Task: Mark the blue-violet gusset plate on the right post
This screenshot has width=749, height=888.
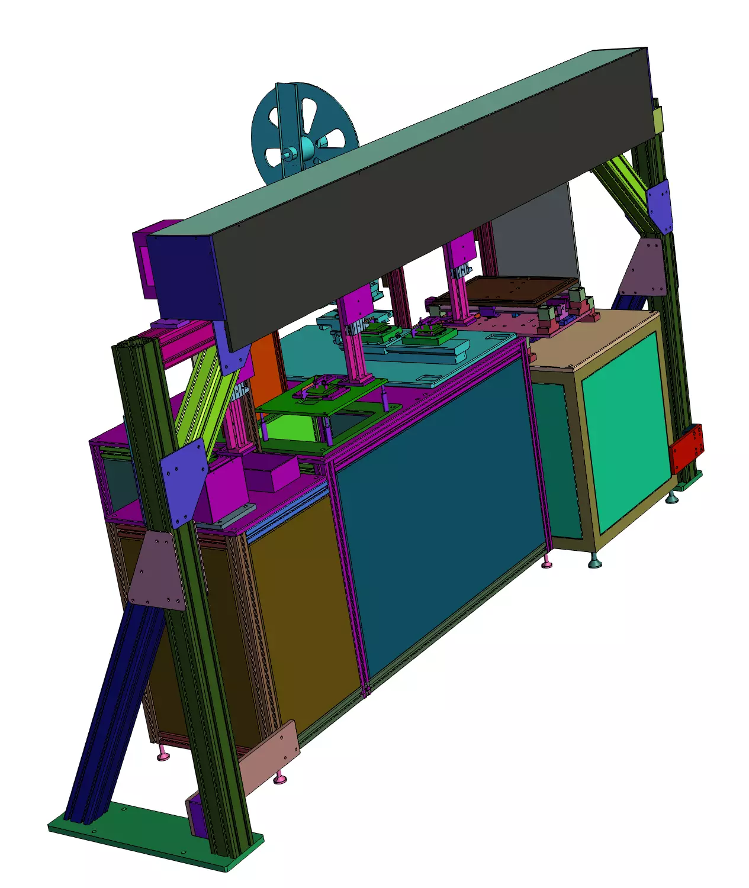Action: point(660,207)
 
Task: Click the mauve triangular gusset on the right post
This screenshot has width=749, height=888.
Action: point(645,269)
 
